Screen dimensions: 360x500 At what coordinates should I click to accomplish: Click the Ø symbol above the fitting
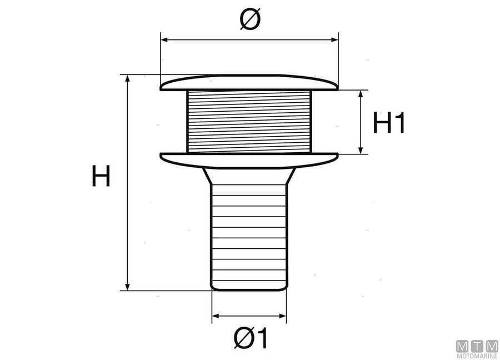249,20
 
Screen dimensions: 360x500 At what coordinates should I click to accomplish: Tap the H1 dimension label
389,123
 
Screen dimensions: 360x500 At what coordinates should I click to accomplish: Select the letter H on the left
101,177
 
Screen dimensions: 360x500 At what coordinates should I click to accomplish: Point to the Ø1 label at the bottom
251,338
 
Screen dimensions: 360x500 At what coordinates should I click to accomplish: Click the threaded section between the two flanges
249,122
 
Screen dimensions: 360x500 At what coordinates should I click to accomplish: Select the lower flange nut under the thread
249,160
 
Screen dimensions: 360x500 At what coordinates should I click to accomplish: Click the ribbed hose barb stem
249,233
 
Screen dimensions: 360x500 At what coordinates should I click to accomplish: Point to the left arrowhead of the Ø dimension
163,39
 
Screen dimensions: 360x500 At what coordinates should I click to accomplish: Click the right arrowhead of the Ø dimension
335,39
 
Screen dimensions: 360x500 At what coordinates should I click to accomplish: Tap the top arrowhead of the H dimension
128,78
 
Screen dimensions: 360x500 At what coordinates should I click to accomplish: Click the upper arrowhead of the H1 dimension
362,93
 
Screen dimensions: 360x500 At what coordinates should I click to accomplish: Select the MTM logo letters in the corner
477,346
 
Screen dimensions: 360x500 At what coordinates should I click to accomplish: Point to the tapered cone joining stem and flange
249,176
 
